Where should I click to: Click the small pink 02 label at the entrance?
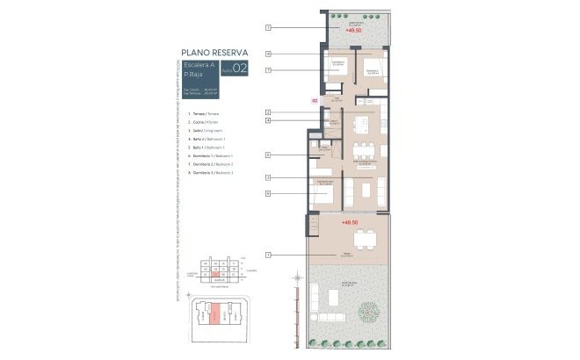(315, 101)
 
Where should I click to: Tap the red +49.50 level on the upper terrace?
(354, 30)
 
